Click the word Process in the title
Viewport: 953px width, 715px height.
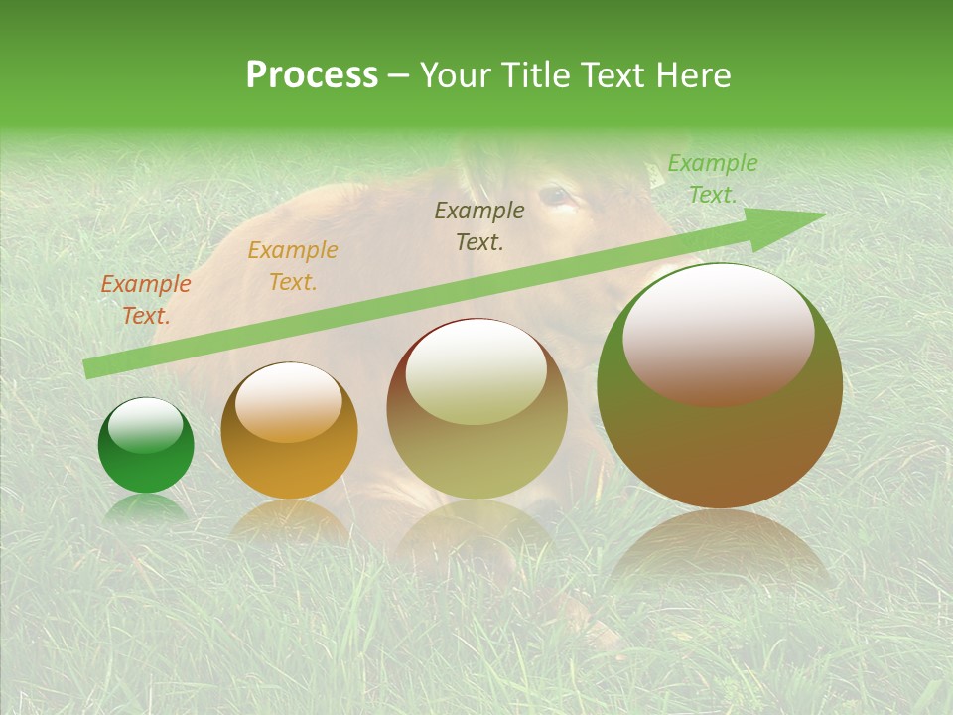coord(312,75)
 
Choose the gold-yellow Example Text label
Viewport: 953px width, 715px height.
coord(293,266)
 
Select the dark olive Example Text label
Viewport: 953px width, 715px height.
coord(479,225)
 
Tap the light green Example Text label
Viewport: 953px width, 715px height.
coord(712,179)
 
